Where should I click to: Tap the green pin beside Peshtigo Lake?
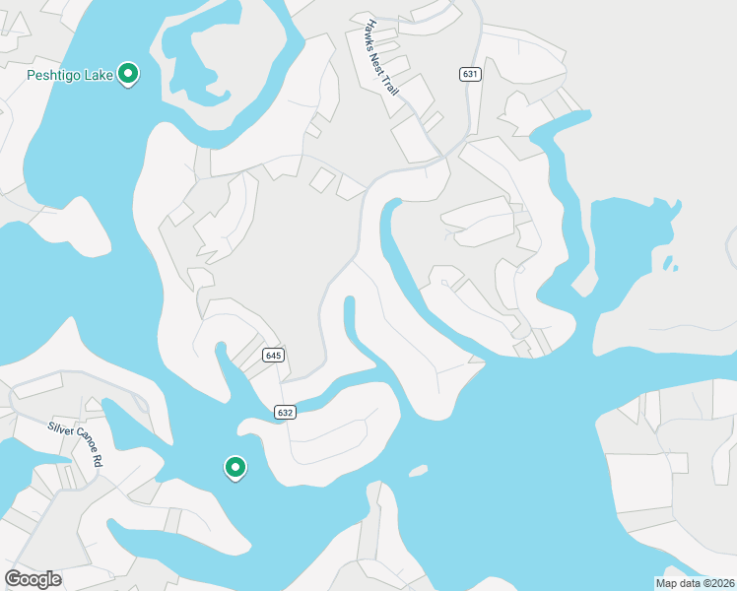tap(127, 73)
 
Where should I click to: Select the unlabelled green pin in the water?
tap(234, 467)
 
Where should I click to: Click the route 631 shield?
tap(470, 74)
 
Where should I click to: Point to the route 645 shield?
tap(274, 355)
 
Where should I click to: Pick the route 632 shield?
tap(286, 413)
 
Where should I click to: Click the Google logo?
tap(33, 579)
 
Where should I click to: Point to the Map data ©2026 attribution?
tap(696, 583)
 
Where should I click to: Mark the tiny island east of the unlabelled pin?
tap(418, 471)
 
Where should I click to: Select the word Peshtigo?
tap(54, 75)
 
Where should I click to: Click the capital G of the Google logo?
tap(13, 578)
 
